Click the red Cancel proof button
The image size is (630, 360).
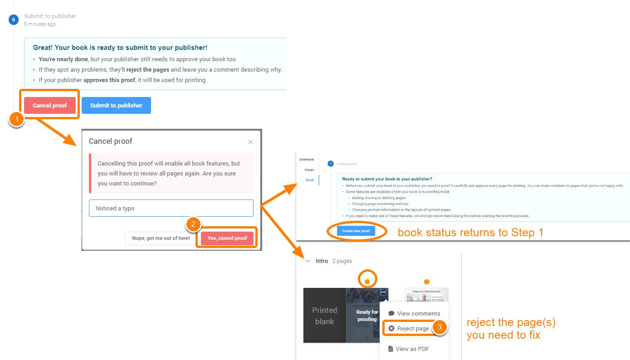tap(50, 105)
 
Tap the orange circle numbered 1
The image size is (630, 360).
tap(17, 120)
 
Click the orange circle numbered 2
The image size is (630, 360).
tap(193, 224)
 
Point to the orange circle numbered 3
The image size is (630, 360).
tap(440, 328)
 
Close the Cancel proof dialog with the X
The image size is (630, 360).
tap(250, 142)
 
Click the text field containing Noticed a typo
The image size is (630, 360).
tap(171, 208)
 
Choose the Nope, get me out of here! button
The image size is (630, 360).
tap(161, 238)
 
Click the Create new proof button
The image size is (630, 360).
tap(356, 231)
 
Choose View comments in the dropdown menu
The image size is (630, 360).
tap(414, 313)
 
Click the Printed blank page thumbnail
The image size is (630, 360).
tap(324, 316)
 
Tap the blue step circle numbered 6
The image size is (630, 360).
tap(14, 19)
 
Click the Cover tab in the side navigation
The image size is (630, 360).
tap(309, 170)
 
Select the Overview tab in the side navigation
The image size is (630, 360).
tap(307, 160)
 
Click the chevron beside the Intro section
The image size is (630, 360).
tap(308, 261)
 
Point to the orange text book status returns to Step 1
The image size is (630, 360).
tap(470, 233)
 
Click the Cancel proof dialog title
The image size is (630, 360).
tap(111, 141)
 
